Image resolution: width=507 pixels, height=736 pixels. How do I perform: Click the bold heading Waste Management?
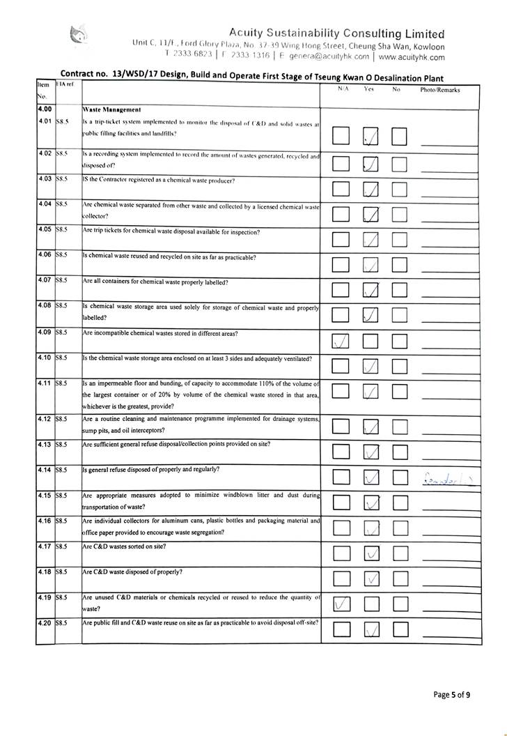111,109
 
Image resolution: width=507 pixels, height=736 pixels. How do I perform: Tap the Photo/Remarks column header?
440,90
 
